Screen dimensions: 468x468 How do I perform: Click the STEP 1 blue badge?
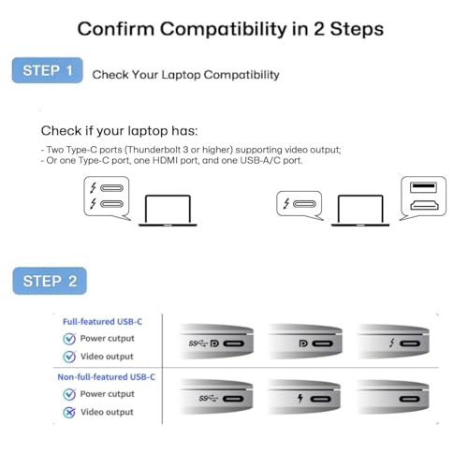pos(48,70)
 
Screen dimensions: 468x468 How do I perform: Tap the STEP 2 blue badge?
pos(50,281)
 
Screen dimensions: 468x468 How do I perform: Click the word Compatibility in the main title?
pos(224,29)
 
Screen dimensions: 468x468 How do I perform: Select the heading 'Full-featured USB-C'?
pos(102,322)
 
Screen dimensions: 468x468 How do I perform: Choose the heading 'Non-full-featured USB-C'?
pos(106,377)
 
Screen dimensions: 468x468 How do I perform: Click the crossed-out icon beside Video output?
pos(69,413)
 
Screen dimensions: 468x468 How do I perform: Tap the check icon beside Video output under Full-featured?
pos(69,357)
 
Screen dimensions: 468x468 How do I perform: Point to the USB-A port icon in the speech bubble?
pos(423,187)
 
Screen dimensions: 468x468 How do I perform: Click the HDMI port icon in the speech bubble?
pos(424,205)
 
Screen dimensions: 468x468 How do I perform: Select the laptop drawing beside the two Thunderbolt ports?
pos(168,210)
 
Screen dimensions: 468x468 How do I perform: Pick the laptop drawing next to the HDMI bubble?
pos(360,210)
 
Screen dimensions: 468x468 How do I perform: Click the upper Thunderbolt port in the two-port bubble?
pos(111,188)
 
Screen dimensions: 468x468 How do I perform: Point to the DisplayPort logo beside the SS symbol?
pos(214,344)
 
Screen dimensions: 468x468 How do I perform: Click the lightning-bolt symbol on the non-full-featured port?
pos(300,398)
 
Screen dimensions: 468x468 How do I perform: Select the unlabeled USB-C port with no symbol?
pos(410,399)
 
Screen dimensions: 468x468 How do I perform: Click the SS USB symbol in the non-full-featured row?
pos(208,399)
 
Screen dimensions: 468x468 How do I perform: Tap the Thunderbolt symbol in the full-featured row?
pos(392,344)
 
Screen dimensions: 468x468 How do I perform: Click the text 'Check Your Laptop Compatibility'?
pos(185,75)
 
